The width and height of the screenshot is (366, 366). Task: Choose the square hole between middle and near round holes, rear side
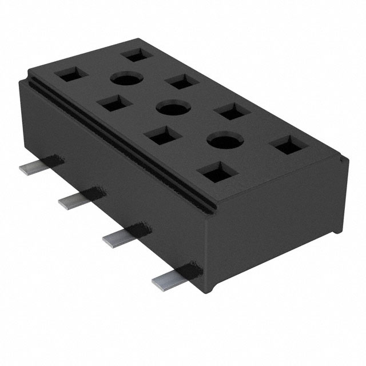pyautogui.click(x=230, y=111)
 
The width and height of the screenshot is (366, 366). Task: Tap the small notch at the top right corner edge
pyautogui.click(x=343, y=161)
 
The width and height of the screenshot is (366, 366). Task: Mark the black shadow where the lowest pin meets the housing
pyautogui.click(x=192, y=269)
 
